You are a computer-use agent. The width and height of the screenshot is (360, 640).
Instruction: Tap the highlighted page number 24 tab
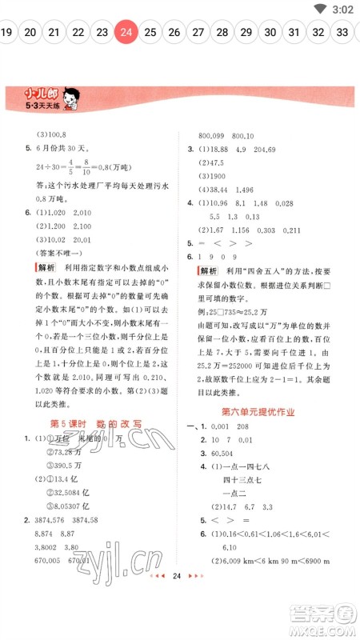126,32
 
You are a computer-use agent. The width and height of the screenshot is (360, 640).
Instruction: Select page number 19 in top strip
6,32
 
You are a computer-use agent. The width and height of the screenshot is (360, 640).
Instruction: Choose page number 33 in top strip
342,32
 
